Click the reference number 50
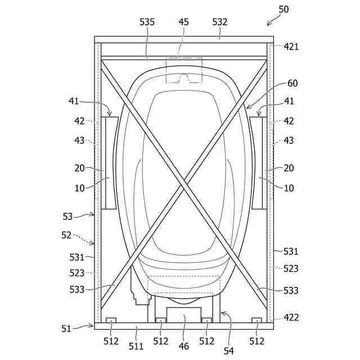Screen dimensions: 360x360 point(283,10)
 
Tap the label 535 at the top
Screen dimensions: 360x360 point(147,22)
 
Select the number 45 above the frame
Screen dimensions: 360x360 point(183,22)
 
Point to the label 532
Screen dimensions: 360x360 point(220,22)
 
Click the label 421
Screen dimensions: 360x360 point(291,47)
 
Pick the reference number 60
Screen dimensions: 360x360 point(292,83)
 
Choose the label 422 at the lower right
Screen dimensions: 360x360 point(291,317)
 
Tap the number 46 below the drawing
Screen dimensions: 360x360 point(184,346)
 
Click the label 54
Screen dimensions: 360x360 point(229,350)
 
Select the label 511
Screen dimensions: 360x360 point(136,346)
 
